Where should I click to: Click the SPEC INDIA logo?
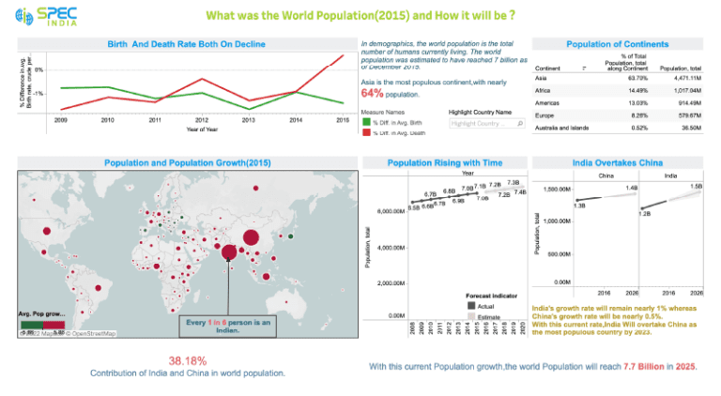pyautogui.click(x=50, y=16)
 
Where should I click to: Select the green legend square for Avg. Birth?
pyautogui.click(x=365, y=123)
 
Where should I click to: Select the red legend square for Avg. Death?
pyautogui.click(x=365, y=132)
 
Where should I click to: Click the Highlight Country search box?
pyautogui.click(x=483, y=123)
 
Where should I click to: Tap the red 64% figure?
pyautogui.click(x=372, y=94)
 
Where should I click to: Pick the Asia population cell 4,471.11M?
pyautogui.click(x=679, y=78)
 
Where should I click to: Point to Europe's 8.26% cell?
pyautogui.click(x=621, y=114)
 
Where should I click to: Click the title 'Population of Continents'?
pyautogui.click(x=617, y=44)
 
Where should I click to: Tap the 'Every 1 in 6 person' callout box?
pyautogui.click(x=227, y=325)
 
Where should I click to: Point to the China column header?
pyautogui.click(x=606, y=175)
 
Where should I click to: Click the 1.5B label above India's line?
pyautogui.click(x=696, y=187)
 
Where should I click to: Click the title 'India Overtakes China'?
pyautogui.click(x=617, y=162)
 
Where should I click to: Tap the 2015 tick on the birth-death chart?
pyautogui.click(x=343, y=120)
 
